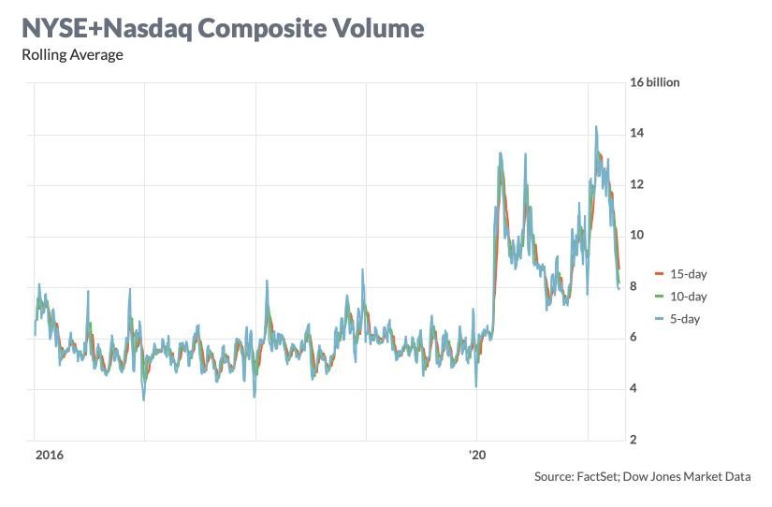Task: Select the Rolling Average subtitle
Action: point(72,54)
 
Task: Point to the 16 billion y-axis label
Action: point(655,82)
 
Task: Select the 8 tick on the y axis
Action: point(635,286)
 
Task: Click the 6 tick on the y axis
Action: point(635,338)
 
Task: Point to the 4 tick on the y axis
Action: point(635,388)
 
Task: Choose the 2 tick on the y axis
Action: point(635,440)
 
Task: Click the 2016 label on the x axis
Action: point(49,456)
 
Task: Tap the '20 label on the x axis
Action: point(477,456)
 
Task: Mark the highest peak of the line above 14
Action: point(596,127)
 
